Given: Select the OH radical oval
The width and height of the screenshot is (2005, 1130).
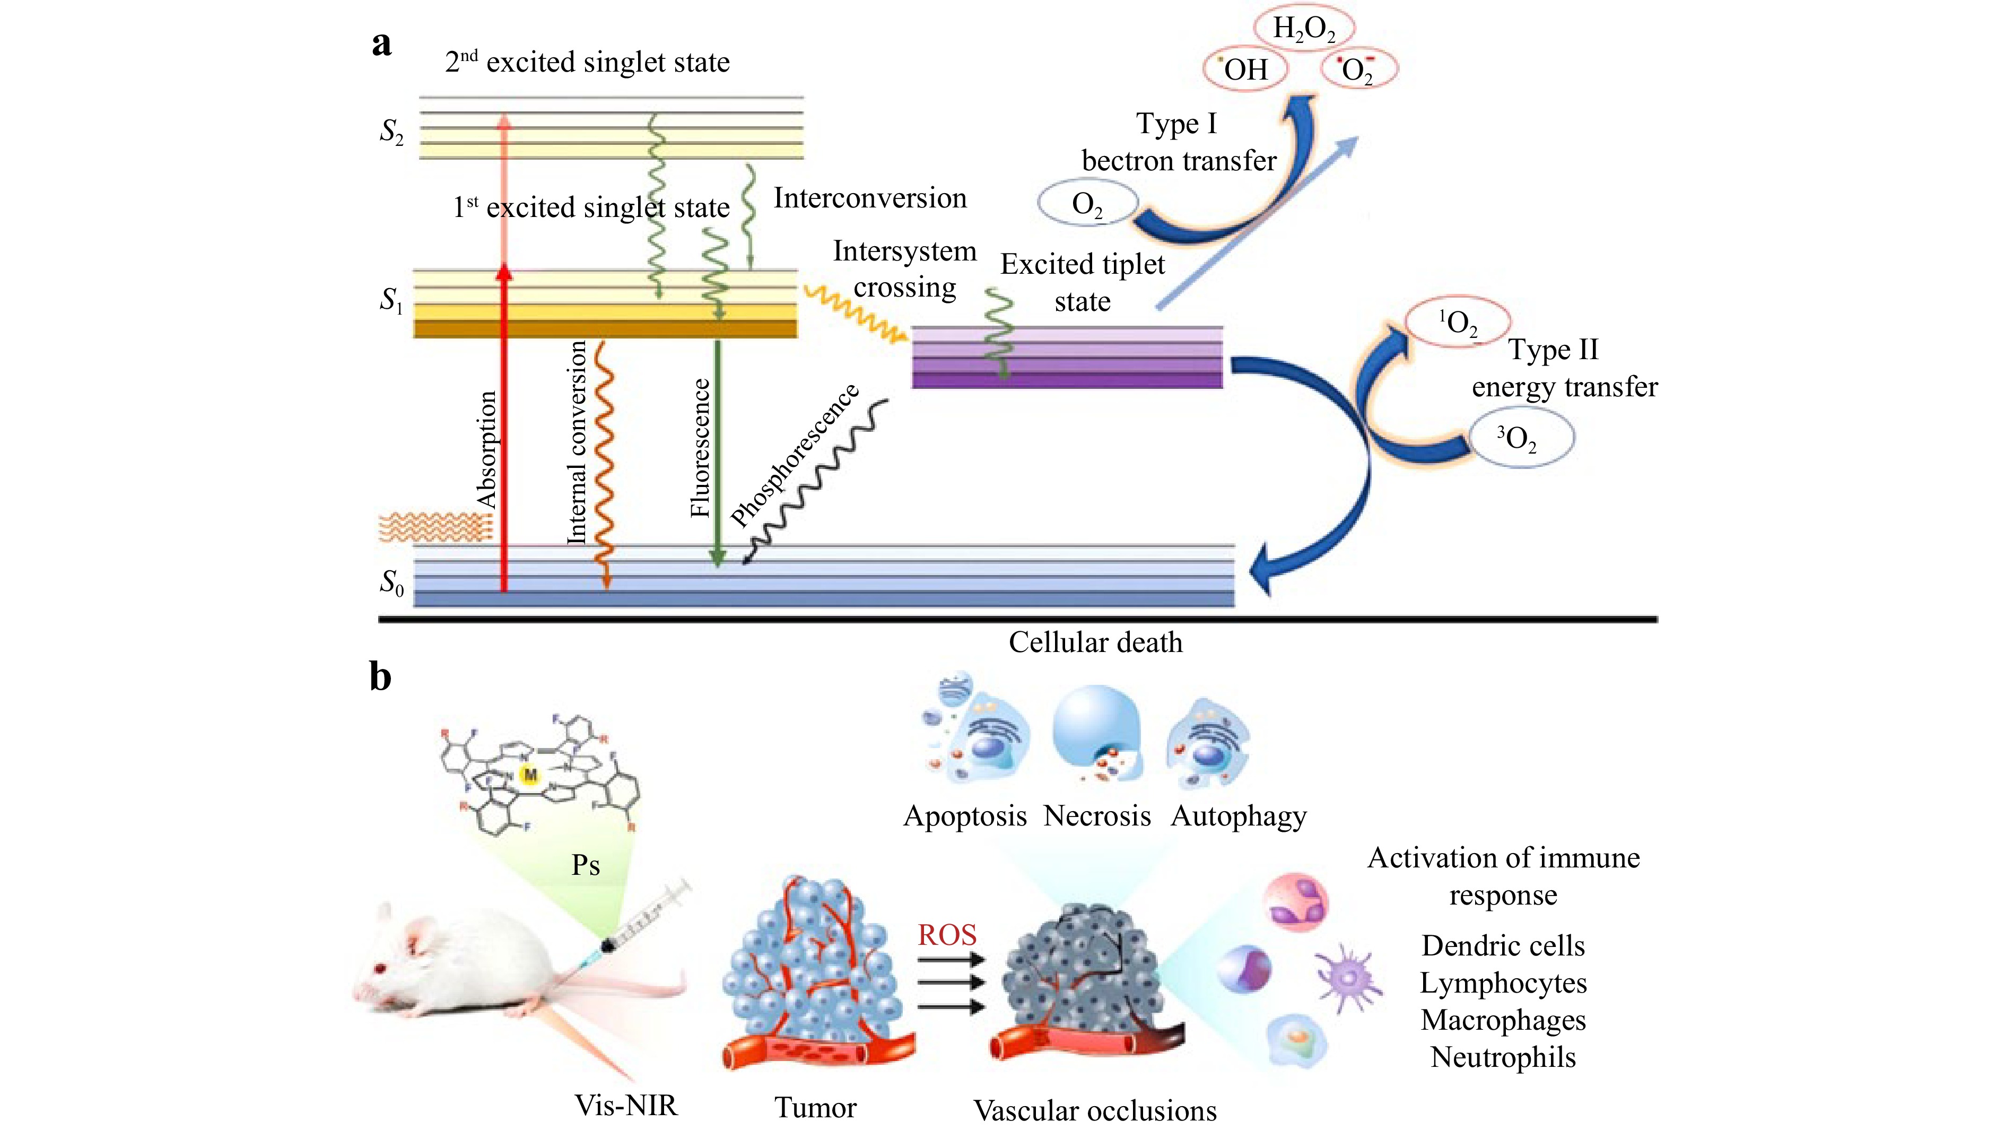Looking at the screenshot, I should click(1245, 69).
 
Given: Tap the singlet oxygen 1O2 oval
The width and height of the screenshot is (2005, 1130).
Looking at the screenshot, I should click(1457, 322).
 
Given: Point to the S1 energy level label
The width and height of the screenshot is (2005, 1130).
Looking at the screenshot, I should click(391, 300).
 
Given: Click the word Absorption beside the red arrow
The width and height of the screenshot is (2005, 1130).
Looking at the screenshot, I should click(486, 450).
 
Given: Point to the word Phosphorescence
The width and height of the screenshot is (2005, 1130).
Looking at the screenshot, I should click(795, 455).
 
